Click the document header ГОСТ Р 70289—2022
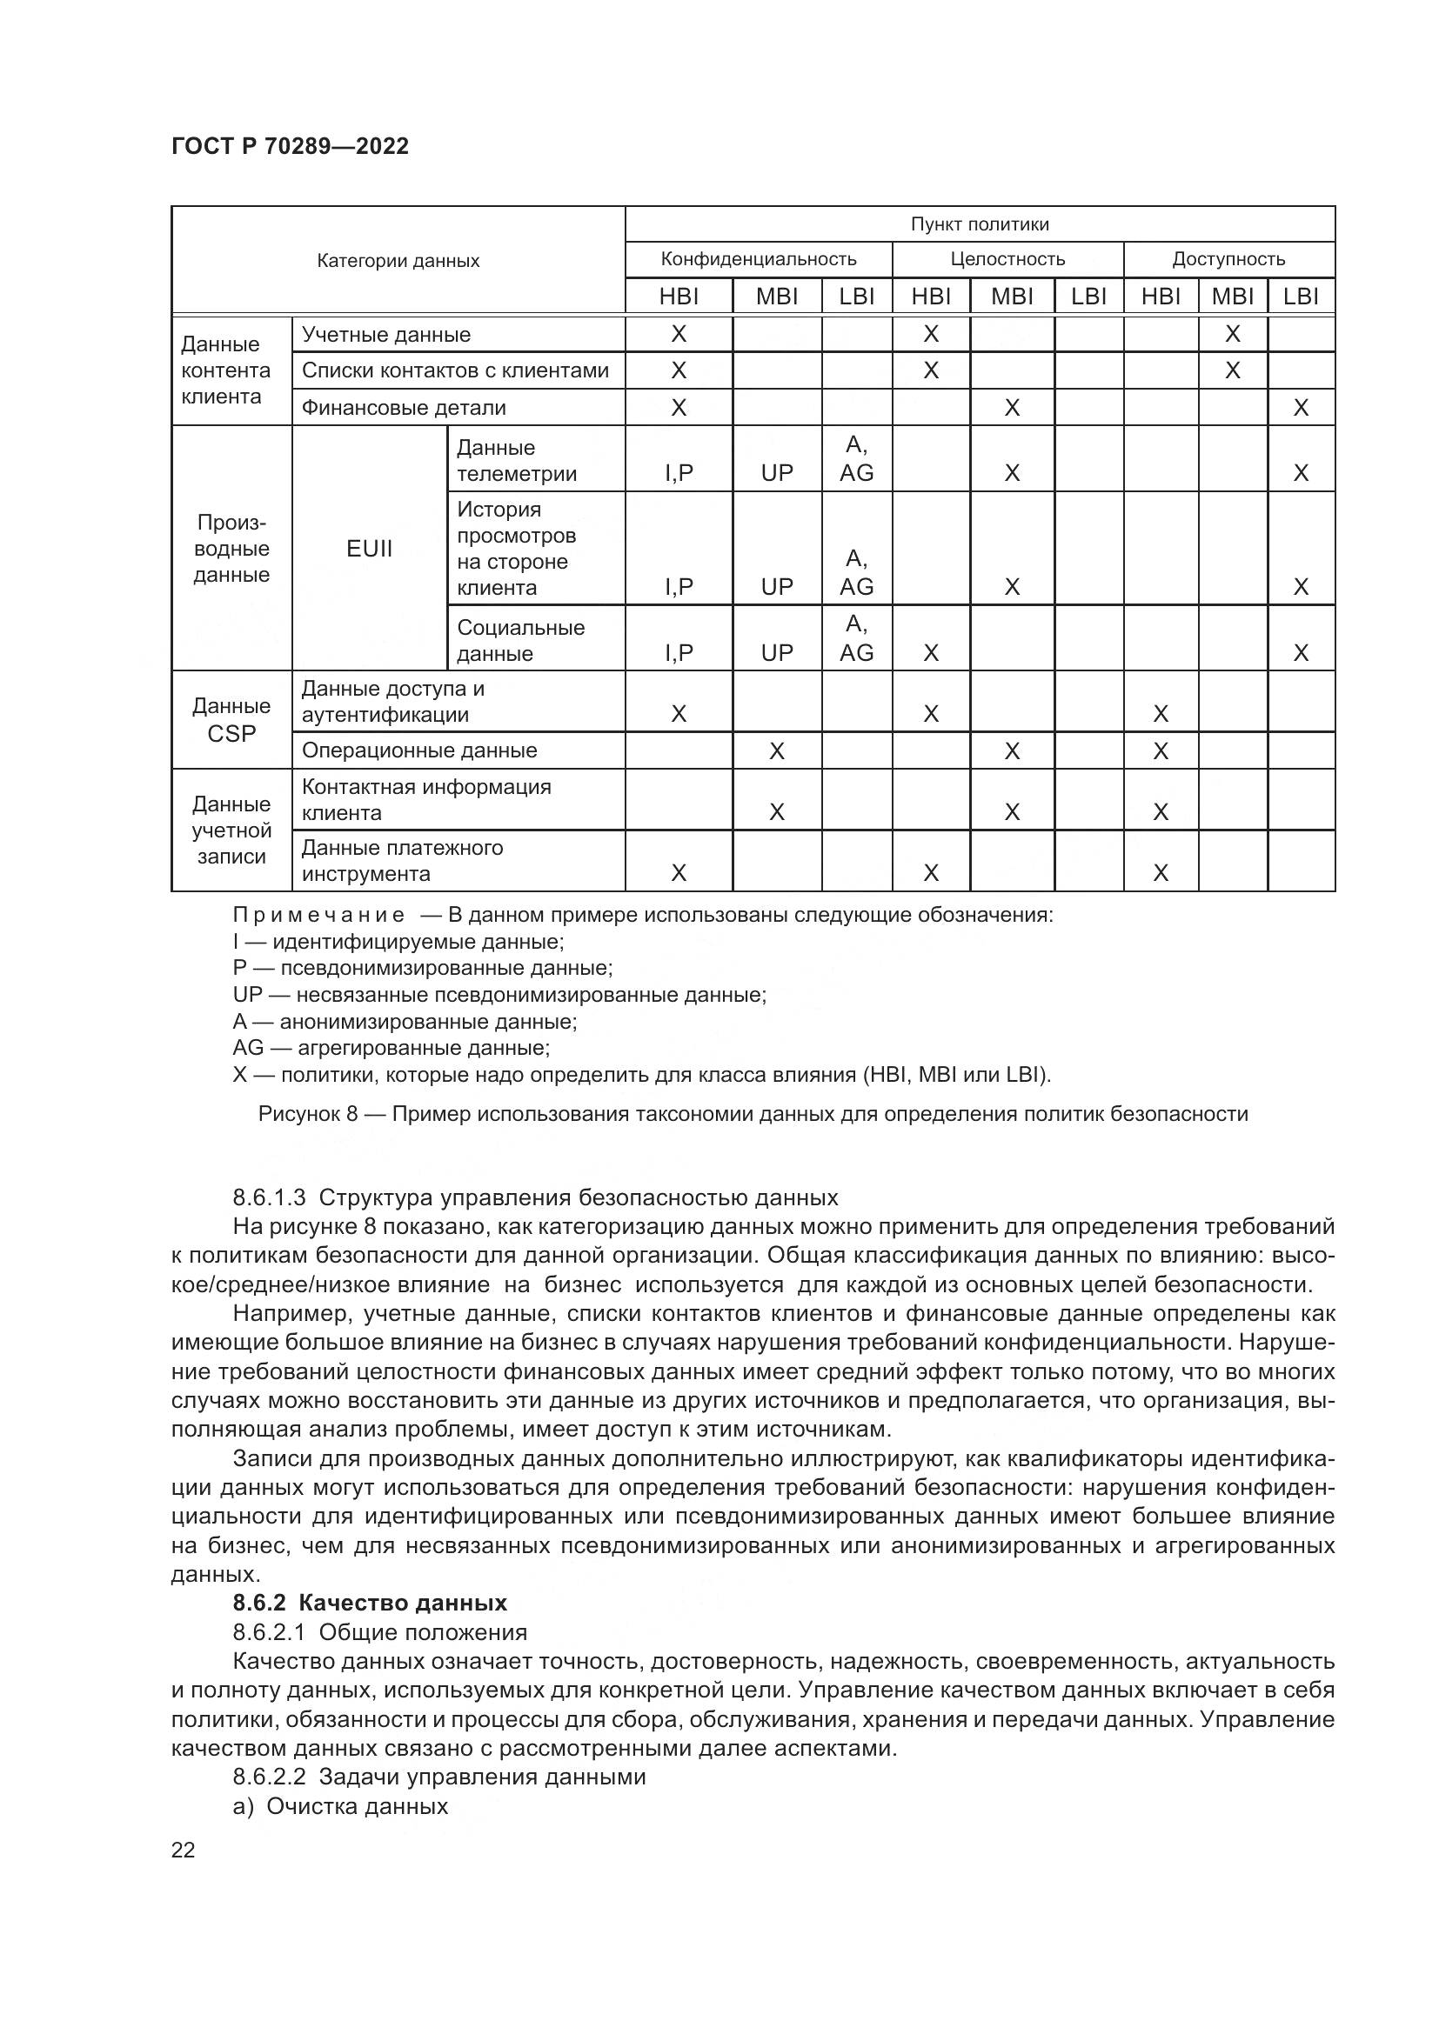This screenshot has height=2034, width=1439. [290, 146]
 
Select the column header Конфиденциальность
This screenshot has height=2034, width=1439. [759, 259]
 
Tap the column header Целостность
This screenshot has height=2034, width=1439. [1007, 259]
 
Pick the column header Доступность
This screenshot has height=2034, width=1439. [1228, 259]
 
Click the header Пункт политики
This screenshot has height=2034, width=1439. [980, 224]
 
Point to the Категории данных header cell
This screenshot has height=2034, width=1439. [398, 261]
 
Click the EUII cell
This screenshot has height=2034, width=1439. [370, 549]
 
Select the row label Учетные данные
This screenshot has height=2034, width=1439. [386, 335]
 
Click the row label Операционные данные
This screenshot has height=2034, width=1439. [419, 750]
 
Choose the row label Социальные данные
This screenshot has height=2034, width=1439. [520, 641]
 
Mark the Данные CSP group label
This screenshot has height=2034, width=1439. [231, 719]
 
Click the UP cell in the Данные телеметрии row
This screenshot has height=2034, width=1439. [777, 473]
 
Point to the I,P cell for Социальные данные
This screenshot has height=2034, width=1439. [679, 653]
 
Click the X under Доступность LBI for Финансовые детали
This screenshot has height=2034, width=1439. [1301, 409]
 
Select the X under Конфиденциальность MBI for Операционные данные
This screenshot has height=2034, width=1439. [777, 751]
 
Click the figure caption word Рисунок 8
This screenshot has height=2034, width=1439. [307, 1114]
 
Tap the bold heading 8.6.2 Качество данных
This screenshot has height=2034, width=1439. [370, 1603]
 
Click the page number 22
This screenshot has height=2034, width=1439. [184, 1850]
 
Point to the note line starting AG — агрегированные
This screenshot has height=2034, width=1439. [391, 1048]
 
